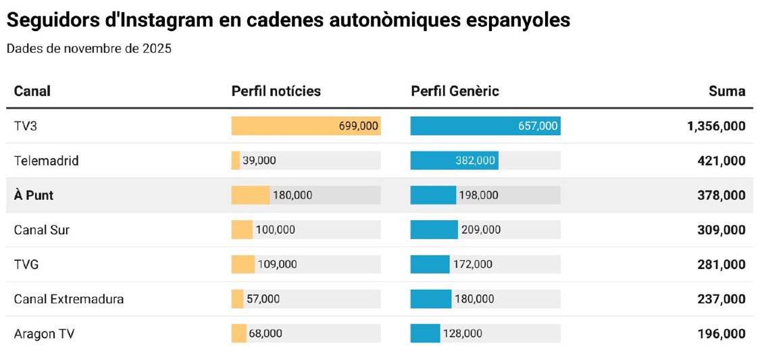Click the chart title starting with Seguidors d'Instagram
click(288, 20)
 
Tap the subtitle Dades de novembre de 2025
click(88, 49)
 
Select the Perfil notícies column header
click(276, 91)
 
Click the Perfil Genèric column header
click(455, 91)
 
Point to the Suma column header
click(727, 91)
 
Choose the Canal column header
click(32, 91)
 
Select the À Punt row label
click(34, 195)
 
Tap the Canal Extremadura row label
click(69, 299)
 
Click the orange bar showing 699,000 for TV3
click(305, 126)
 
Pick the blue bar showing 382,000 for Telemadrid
click(454, 161)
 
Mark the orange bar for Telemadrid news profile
click(235, 161)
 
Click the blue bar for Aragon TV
click(425, 333)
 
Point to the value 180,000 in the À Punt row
click(292, 195)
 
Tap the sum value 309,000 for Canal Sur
click(721, 230)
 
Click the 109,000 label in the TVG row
click(277, 264)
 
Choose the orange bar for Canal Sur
click(242, 230)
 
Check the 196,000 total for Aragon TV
click(721, 333)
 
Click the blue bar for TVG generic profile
click(430, 264)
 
